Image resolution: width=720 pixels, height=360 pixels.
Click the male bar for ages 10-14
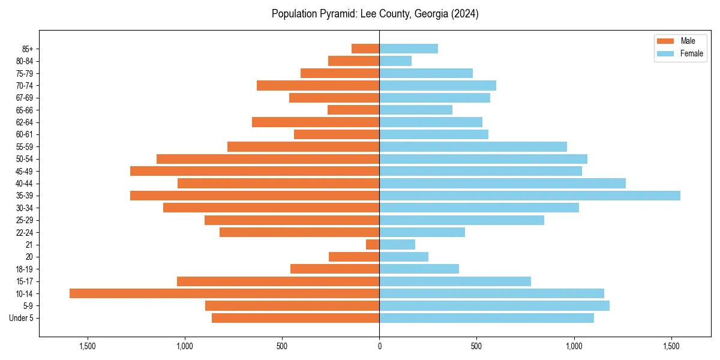[224, 293]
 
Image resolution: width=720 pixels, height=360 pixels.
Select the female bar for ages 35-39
[530, 196]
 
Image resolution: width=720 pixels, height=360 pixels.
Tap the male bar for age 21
[373, 244]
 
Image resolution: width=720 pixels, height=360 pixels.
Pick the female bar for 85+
[409, 49]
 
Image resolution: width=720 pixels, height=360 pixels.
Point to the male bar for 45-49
[254, 171]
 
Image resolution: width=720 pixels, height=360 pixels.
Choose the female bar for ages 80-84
[395, 61]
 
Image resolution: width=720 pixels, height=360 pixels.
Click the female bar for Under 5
[487, 318]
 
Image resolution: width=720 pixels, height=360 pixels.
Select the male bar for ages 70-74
[318, 85]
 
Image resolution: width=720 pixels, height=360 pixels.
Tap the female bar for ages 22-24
[422, 232]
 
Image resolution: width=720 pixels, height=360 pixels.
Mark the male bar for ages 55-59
[303, 146]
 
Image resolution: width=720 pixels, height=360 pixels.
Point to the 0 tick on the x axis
[379, 346]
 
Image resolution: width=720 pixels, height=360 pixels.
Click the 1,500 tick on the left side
[88, 346]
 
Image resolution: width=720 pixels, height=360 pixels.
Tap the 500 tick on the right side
[476, 346]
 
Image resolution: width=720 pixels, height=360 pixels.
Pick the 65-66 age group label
[25, 110]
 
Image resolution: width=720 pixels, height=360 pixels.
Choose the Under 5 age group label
[22, 318]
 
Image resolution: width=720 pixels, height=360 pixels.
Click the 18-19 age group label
[25, 269]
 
